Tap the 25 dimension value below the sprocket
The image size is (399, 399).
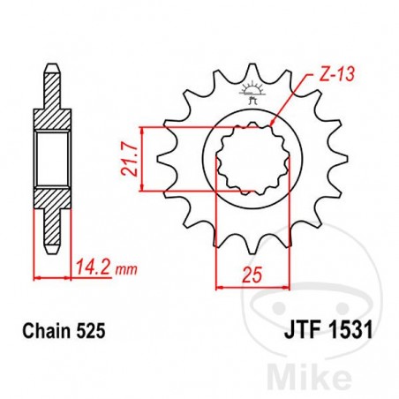pos(254,275)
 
